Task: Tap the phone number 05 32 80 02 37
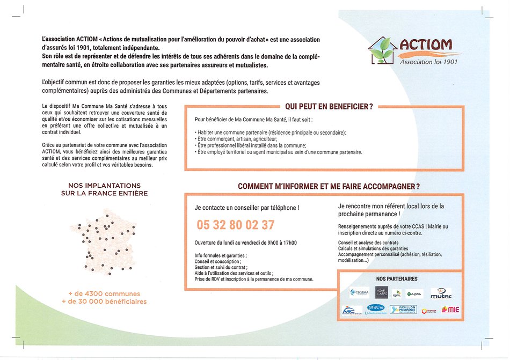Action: (236, 224)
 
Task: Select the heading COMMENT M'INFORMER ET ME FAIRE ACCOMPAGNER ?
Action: (329, 186)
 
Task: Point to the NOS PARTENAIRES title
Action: (397, 279)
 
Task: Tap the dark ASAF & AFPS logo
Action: (381, 292)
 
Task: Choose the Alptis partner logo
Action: (414, 293)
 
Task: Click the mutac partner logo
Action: (441, 293)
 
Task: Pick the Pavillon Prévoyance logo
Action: (403, 310)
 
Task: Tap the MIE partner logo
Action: (450, 310)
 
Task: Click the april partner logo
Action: (397, 294)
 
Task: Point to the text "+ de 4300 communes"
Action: (104, 293)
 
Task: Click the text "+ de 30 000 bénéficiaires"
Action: (104, 302)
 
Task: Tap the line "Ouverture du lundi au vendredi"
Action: (245, 243)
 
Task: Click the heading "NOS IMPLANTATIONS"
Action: (104, 185)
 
